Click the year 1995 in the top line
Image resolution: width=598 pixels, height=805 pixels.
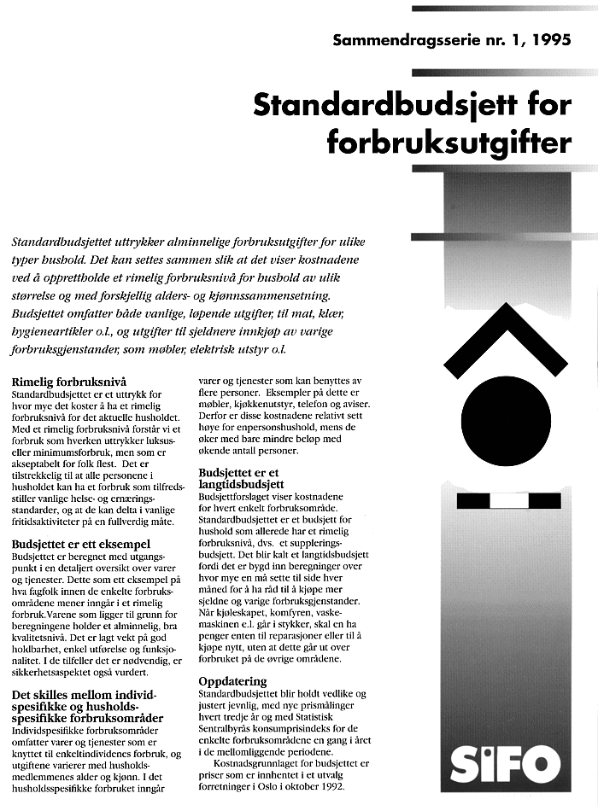click(550, 39)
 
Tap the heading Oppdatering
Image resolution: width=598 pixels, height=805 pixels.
click(232, 682)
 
